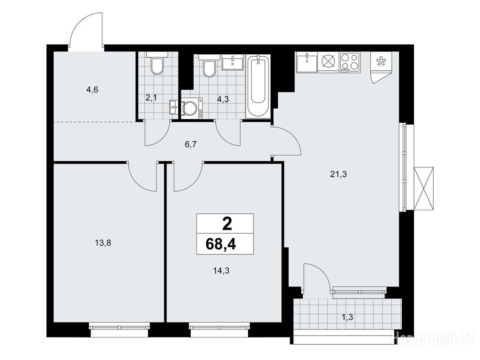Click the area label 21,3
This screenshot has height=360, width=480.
tap(338, 174)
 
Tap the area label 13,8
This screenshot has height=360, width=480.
tap(103, 243)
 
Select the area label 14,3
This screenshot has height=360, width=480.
tap(221, 270)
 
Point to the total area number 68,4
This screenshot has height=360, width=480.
tap(221, 244)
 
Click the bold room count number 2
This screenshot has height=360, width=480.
tap(227, 225)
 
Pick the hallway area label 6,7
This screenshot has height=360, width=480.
tap(190, 145)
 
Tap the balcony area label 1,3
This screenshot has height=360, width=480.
tap(347, 317)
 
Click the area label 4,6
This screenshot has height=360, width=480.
tap(92, 90)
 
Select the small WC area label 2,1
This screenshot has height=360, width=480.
tap(151, 98)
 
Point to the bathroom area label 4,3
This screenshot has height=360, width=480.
tap(223, 99)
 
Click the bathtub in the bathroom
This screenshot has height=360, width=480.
tap(258, 86)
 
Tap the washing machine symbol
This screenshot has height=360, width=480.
tap(192, 108)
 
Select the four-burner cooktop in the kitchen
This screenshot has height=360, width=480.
tap(350, 62)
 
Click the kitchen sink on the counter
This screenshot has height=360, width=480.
tap(307, 62)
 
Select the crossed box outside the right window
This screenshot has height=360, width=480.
tap(424, 188)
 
